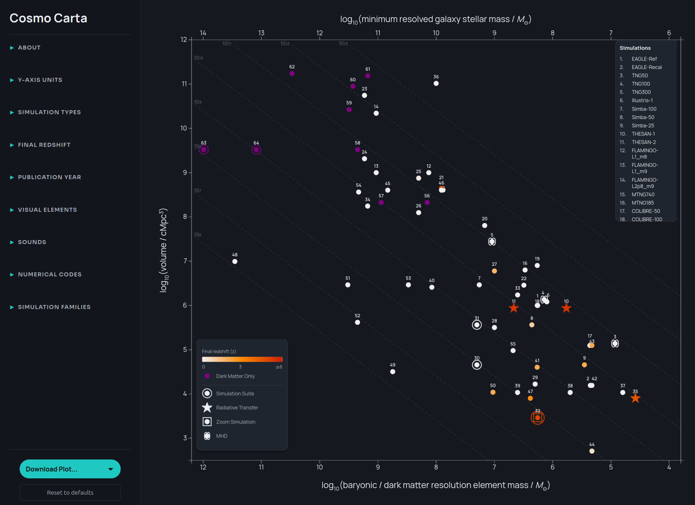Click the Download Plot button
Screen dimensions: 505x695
pos(70,469)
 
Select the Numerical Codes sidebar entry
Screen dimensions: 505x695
pos(50,274)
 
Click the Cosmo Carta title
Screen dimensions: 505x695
pos(48,18)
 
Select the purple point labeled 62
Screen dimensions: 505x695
pos(292,73)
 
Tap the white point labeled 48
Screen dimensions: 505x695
pos(235,262)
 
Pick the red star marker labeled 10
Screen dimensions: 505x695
pos(566,308)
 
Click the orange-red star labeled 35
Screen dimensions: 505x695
pos(636,398)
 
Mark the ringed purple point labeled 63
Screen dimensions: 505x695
pos(204,150)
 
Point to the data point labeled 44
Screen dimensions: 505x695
pos(592,451)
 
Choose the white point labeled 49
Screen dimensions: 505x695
pos(393,372)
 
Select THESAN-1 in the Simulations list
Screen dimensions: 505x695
pos(643,134)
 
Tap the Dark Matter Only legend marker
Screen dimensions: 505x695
pos(207,376)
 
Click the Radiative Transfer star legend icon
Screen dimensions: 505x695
pos(207,408)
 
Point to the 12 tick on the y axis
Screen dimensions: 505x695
pos(184,39)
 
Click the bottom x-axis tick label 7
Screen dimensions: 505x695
pos(494,467)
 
